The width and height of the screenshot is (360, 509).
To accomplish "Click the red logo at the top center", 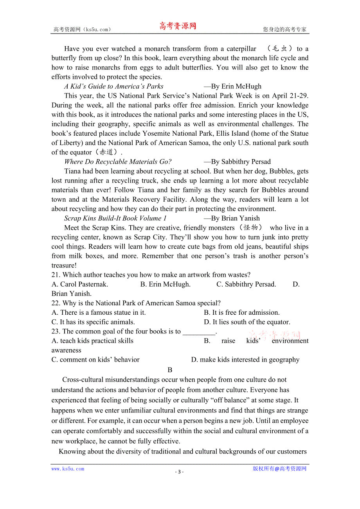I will pos(177,26).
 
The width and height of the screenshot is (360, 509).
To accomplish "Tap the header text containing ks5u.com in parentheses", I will pos(82,29).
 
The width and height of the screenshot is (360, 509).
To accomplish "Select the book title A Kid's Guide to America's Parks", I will pos(114,86).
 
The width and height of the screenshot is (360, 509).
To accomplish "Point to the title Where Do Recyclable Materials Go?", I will pos(118,162).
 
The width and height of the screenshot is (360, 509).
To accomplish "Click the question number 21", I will pos(55,275).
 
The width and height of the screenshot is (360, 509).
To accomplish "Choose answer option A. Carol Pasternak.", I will pos(80,284).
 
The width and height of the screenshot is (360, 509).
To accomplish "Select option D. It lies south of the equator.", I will pos(247,322).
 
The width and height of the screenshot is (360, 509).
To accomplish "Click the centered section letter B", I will pos(170,370).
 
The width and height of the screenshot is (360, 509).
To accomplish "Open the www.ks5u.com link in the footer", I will pos(68,469).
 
